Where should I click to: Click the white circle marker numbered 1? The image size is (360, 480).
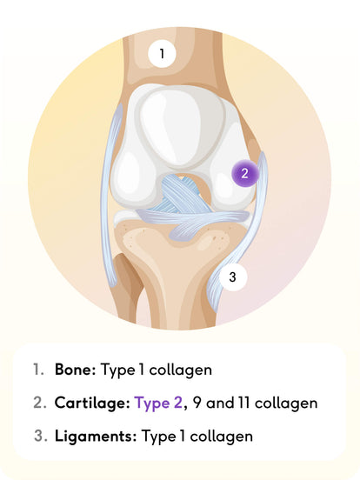(x=162, y=54)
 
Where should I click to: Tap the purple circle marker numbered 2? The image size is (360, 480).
(x=244, y=173)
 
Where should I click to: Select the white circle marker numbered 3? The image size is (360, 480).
(x=233, y=277)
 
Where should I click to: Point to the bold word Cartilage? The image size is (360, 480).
(x=92, y=403)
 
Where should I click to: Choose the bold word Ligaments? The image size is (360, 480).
(x=96, y=436)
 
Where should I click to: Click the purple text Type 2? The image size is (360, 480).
(x=158, y=403)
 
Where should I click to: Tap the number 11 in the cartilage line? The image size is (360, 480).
(x=244, y=403)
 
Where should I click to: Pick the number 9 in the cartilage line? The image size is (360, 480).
(x=197, y=403)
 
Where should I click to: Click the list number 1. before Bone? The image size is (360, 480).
(x=39, y=370)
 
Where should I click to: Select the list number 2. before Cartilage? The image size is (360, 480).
(x=40, y=403)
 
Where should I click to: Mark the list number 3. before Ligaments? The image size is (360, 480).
(x=41, y=436)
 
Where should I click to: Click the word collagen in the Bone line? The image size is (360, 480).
(x=181, y=370)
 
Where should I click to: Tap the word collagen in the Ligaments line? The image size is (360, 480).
(x=222, y=437)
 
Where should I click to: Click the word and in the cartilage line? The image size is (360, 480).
(x=220, y=403)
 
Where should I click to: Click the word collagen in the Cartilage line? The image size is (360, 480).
(x=286, y=403)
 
